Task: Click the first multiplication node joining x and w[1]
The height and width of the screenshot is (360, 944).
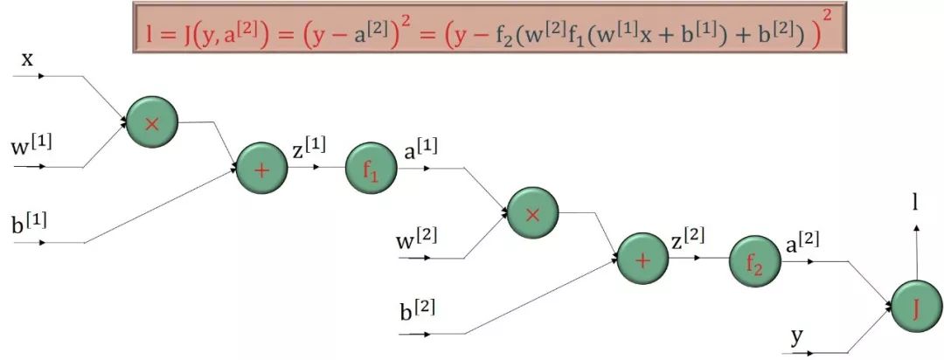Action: [152, 122]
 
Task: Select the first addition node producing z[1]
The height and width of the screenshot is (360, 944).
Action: [261, 168]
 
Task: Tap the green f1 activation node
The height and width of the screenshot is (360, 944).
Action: [371, 168]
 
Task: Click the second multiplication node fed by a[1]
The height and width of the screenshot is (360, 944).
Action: [532, 213]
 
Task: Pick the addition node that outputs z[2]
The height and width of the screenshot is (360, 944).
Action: [642, 259]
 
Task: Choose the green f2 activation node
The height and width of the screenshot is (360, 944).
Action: [753, 260]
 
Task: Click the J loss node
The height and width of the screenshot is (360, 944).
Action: [915, 310]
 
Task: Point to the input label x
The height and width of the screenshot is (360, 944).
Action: [27, 59]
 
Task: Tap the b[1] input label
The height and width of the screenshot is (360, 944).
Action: [30, 222]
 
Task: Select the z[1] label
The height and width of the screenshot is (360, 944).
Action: [309, 149]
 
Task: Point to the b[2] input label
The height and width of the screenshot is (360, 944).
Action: [418, 310]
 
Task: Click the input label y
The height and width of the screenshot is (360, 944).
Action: [797, 336]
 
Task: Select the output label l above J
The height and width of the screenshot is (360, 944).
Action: [916, 203]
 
